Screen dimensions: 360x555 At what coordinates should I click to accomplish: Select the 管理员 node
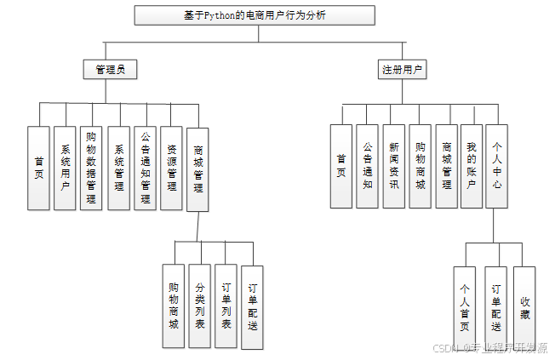click(110, 69)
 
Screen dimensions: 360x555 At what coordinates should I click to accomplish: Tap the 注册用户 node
click(403, 69)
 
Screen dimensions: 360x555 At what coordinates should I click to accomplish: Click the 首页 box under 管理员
click(39, 168)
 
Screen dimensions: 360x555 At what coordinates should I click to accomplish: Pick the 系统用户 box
click(66, 168)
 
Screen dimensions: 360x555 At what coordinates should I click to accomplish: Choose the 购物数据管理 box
click(92, 168)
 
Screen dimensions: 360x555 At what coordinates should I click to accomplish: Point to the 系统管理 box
click(118, 168)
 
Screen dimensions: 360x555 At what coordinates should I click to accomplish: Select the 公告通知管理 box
click(145, 168)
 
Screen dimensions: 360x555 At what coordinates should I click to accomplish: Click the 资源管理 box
click(171, 168)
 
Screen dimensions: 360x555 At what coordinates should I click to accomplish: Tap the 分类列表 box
click(200, 306)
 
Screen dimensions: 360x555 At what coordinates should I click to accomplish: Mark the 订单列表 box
click(226, 306)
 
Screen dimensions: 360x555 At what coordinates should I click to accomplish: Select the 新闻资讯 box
click(393, 166)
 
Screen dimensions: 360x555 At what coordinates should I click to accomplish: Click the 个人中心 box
click(497, 166)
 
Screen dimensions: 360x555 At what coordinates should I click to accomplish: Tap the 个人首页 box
click(465, 307)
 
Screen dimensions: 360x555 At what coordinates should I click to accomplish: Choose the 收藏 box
click(524, 307)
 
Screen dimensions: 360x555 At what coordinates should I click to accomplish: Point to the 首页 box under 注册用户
click(341, 166)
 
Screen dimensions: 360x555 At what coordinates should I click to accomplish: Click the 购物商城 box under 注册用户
click(420, 166)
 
